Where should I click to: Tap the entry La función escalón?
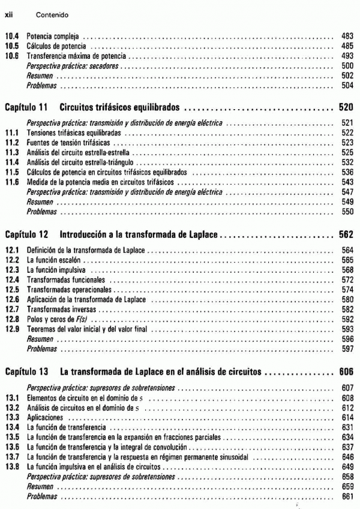click(54, 261)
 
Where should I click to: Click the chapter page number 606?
click(346, 372)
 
